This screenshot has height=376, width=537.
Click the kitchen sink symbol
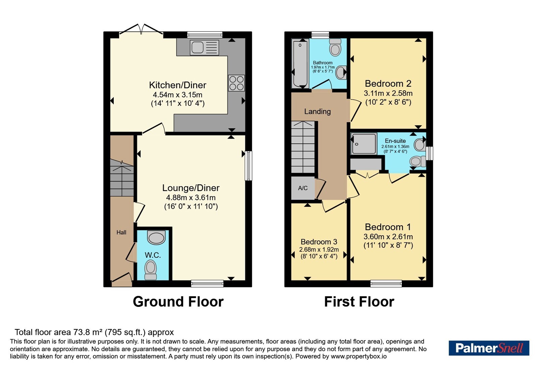[x=204, y=47]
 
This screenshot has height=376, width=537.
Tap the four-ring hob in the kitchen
[x=236, y=83]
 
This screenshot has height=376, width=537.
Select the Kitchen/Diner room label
[x=178, y=85]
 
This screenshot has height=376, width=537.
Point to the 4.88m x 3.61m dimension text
[x=191, y=198]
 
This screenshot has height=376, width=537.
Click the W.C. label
[x=153, y=255]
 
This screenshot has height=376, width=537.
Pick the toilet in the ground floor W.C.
[x=151, y=270]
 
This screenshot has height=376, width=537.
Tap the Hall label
[x=121, y=232]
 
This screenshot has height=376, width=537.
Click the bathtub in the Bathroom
[x=300, y=63]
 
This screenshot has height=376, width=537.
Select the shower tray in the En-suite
[x=364, y=143]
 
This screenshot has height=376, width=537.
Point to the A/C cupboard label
[x=303, y=188]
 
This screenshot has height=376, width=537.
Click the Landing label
[x=318, y=111]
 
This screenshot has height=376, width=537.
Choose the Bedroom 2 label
[x=388, y=84]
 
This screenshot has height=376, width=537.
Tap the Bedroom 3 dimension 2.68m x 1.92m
[x=319, y=250]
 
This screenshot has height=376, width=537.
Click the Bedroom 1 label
[x=388, y=227]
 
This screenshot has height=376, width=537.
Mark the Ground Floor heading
[x=178, y=302]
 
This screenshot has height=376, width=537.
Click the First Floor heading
[x=359, y=302]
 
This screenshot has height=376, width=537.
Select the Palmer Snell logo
[x=489, y=348]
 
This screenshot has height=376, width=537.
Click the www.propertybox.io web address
[x=359, y=356]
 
